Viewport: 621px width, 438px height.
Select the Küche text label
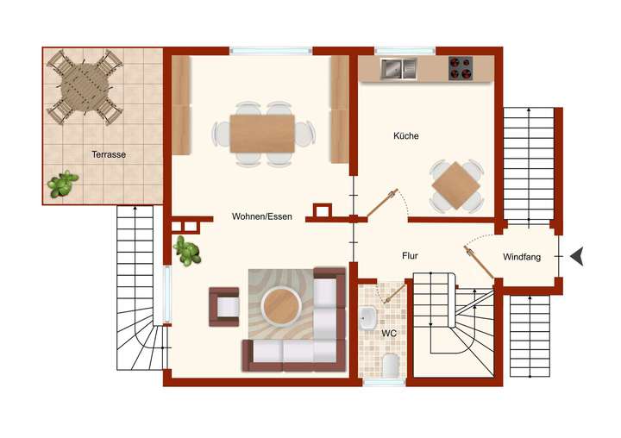[x=405, y=136]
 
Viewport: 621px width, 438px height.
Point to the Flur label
[x=411, y=256]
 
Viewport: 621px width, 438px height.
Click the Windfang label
[x=522, y=256]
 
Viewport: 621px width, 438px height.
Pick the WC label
[x=388, y=332]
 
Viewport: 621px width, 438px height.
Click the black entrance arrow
[x=577, y=255]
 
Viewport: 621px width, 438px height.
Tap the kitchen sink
[x=398, y=66]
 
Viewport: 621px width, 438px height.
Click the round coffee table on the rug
[x=281, y=303]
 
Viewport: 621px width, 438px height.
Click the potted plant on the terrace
[x=62, y=184]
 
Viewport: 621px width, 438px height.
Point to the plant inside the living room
[x=186, y=251]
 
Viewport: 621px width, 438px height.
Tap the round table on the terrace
[x=85, y=87]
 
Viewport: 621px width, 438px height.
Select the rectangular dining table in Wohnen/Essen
[x=263, y=134]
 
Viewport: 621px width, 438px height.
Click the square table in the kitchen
[x=456, y=185]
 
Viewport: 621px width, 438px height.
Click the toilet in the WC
[x=390, y=365]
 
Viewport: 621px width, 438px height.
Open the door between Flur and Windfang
[x=480, y=262]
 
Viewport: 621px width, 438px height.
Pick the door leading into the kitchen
[x=381, y=204]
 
